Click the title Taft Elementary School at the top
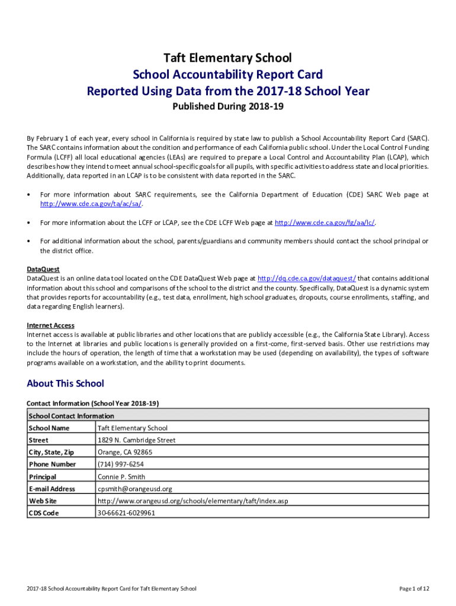point(228,58)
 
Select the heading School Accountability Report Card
point(228,75)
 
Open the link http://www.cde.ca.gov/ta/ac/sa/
point(91,204)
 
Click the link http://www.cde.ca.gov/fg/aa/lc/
point(325,223)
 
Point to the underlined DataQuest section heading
point(43,269)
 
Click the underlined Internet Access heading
point(50,325)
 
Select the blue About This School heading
point(65,383)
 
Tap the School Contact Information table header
point(71,416)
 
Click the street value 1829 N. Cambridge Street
point(136,440)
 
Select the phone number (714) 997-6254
point(120,465)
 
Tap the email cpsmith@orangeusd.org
point(134,489)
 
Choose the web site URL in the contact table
point(192,501)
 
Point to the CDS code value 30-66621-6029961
point(126,513)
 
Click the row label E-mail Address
point(52,489)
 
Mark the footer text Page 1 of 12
point(414,588)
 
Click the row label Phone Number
point(52,465)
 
